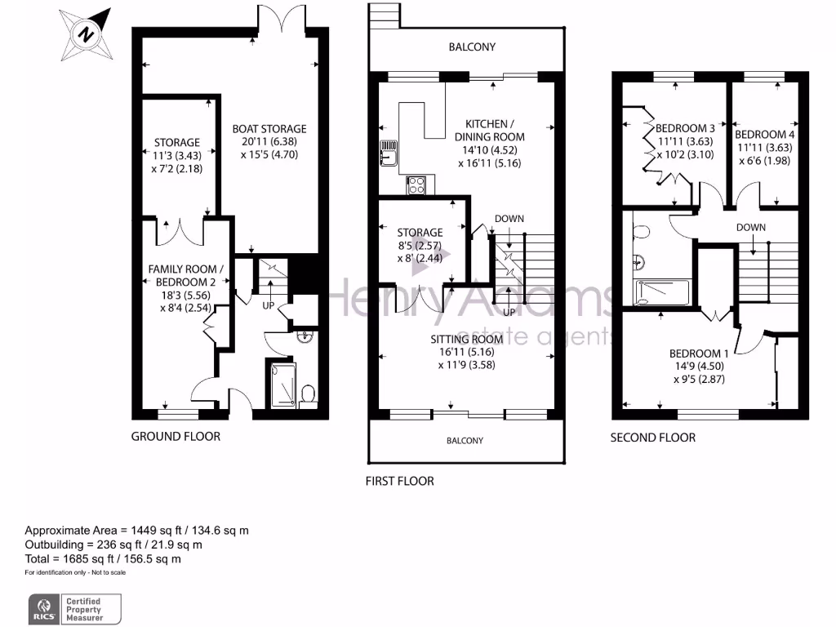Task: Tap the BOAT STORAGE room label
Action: coord(269,129)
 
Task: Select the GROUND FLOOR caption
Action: coord(176,437)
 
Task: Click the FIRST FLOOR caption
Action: coord(399,481)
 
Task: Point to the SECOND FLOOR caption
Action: coord(653,438)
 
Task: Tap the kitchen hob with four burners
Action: coord(416,185)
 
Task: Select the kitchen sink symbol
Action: coord(387,153)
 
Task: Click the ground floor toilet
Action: coord(309,395)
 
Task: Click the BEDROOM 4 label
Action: coord(764,135)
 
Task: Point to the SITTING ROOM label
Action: coord(466,339)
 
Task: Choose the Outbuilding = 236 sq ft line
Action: coord(113,545)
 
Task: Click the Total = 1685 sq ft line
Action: coord(103,559)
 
